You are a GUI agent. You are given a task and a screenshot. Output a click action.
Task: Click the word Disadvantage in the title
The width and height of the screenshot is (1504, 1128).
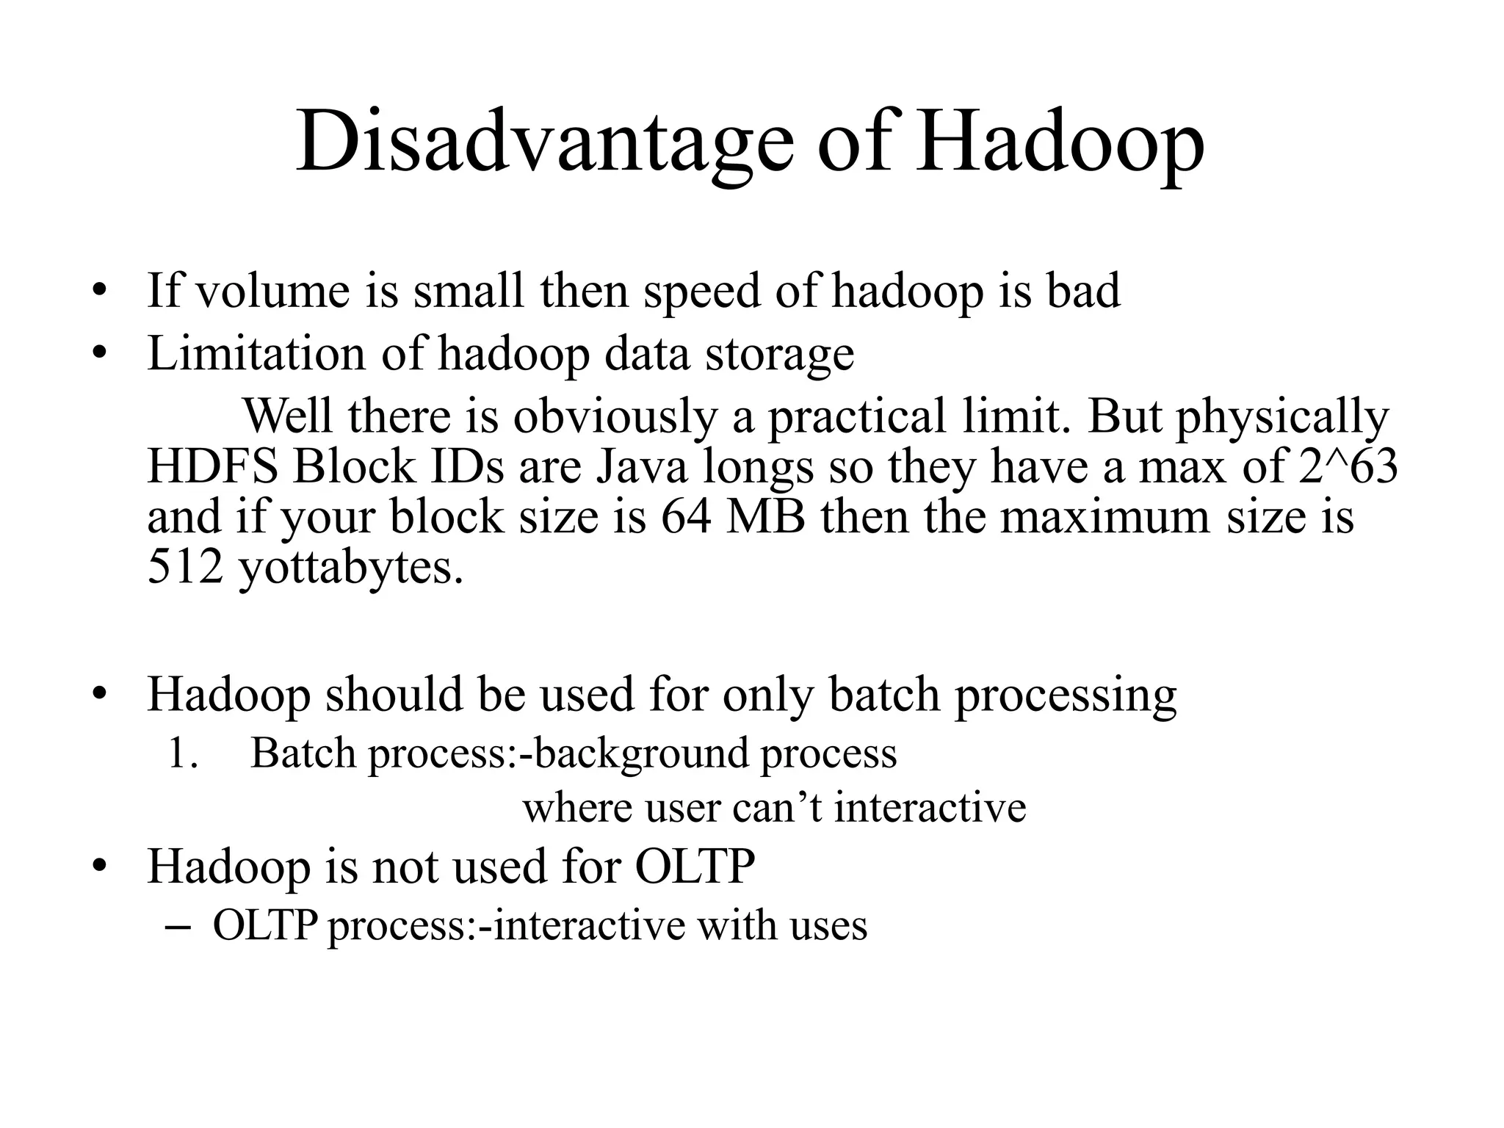pos(544,142)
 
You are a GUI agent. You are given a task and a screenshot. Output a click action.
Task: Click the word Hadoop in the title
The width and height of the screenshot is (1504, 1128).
pos(1059,142)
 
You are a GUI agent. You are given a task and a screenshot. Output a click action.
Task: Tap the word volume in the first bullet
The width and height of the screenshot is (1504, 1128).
pos(273,291)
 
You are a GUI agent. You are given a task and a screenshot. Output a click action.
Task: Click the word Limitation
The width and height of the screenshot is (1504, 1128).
pos(256,354)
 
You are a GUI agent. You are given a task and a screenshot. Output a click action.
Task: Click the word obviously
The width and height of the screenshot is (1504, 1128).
pos(614,417)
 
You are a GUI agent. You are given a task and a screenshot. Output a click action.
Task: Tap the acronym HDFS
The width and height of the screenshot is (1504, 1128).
pos(212,466)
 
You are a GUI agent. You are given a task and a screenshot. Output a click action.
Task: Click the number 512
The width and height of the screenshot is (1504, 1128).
pos(185,567)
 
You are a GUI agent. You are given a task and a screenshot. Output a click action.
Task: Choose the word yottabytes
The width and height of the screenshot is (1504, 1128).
pos(351,568)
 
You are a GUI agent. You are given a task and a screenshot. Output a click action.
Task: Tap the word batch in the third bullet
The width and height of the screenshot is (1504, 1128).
pos(884,695)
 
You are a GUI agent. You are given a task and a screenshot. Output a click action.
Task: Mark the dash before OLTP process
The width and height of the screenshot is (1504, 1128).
pos(179,927)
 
